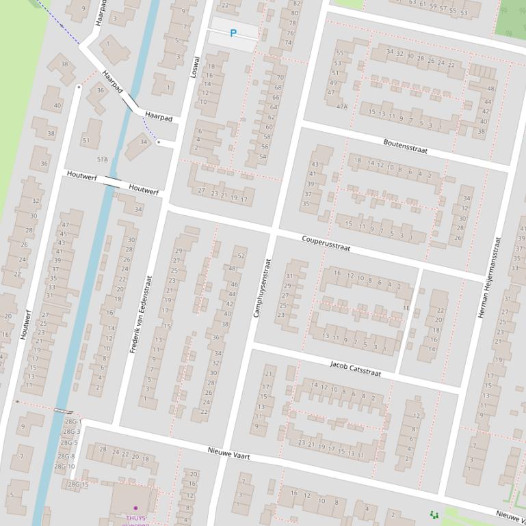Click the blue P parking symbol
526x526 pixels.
[x=233, y=33]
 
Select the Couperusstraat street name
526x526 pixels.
[x=326, y=243]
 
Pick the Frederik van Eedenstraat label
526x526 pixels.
[x=141, y=313]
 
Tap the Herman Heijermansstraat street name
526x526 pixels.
[x=489, y=277]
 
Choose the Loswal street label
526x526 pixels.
[x=195, y=67]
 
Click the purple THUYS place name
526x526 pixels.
[x=135, y=518]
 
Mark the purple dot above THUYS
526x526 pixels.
[x=135, y=508]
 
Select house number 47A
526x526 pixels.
[x=341, y=107]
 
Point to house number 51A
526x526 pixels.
[x=103, y=159]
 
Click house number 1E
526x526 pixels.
[x=406, y=308]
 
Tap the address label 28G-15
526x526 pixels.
[x=77, y=484]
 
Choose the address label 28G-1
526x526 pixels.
[x=72, y=422]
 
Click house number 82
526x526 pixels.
[x=295, y=3]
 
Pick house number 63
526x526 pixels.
[x=412, y=3]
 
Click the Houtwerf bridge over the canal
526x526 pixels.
[x=111, y=180]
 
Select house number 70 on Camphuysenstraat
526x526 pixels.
[x=279, y=78]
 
